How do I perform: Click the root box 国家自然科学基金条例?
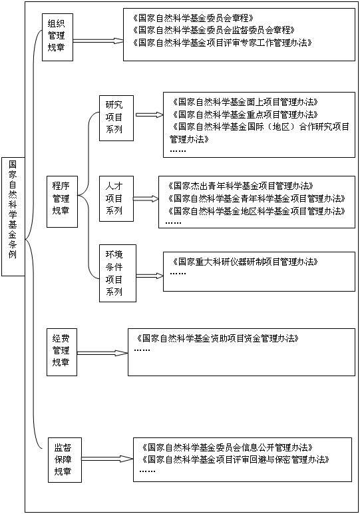tap(13, 216)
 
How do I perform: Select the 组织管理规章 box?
tap(57, 37)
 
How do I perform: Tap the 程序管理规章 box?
tap(62, 202)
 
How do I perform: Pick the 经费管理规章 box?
tap(62, 352)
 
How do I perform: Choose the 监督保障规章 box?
tap(65, 460)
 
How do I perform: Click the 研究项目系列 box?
tap(116, 119)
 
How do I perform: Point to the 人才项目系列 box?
tap(116, 199)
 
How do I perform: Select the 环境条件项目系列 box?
tap(118, 273)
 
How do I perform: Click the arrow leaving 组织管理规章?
tap(98, 41)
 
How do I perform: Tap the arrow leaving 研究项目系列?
tap(149, 115)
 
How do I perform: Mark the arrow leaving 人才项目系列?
tap(146, 198)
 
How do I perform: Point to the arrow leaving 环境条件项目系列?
tap(150, 276)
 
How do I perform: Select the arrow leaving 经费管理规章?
tap(102, 353)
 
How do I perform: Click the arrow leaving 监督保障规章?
tap(107, 459)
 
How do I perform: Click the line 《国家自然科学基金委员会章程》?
tap(193, 18)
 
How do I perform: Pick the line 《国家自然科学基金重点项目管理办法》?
tap(245, 115)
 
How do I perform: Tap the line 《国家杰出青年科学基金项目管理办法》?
tap(240, 186)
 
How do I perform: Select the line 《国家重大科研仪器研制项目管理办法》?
tap(245, 262)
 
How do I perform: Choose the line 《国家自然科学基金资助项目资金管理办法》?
tap(218, 338)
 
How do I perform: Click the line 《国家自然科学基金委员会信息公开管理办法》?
tap(228, 447)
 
